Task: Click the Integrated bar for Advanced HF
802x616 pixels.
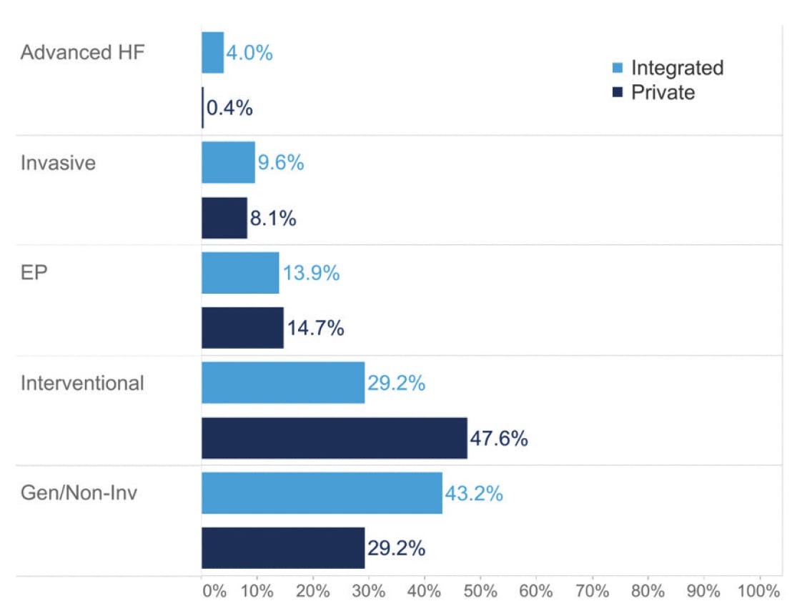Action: [213, 53]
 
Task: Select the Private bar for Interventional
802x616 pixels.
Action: [335, 438]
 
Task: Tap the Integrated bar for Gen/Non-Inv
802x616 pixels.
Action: [322, 493]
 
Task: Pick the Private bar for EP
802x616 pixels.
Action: [242, 328]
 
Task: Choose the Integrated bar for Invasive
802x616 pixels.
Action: [228, 162]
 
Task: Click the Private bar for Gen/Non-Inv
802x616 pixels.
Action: [283, 548]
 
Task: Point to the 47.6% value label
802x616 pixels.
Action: [499, 438]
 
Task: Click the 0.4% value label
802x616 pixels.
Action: [229, 108]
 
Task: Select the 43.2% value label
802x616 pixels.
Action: [474, 493]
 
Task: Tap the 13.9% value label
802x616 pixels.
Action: [311, 273]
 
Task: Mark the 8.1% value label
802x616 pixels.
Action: [273, 218]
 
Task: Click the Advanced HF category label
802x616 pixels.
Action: [83, 53]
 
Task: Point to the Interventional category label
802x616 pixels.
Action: [82, 383]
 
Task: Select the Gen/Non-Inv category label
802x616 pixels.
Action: [79, 493]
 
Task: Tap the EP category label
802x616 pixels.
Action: [34, 273]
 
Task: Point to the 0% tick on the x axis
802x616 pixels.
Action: [214, 592]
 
